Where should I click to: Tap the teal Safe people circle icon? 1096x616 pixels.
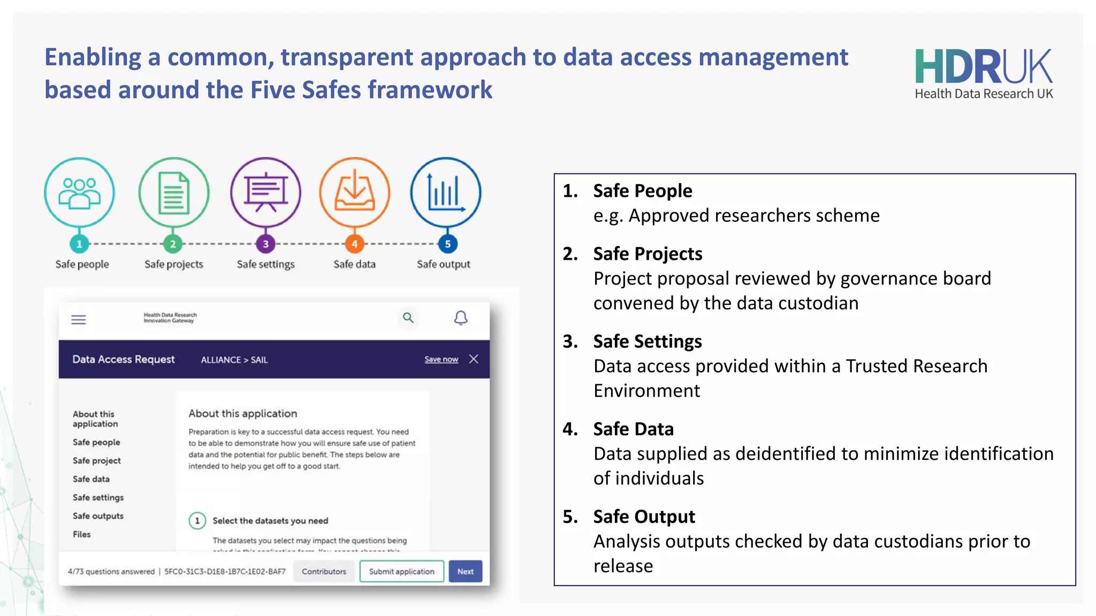pos(79,192)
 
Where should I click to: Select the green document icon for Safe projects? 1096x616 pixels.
pos(173,192)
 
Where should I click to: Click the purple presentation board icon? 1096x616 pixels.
pos(265,192)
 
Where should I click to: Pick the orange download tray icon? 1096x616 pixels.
pos(354,192)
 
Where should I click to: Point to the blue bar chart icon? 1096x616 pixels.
pos(445,192)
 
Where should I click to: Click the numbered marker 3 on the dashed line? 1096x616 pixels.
pos(265,244)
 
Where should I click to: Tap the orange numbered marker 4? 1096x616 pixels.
pos(354,244)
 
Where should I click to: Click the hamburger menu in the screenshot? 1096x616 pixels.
pos(79,320)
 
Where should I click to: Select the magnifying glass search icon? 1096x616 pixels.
pos(408,318)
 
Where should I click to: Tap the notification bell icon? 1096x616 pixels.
pos(461,318)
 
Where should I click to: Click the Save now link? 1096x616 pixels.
pos(441,359)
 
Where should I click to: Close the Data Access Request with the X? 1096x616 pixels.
pos(474,359)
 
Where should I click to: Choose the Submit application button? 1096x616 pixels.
pos(401,571)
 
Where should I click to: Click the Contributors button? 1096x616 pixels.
pos(324,571)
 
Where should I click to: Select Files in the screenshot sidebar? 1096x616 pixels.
pos(82,534)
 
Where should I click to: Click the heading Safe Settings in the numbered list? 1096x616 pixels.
pos(648,341)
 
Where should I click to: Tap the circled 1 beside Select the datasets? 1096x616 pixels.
pos(197,520)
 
